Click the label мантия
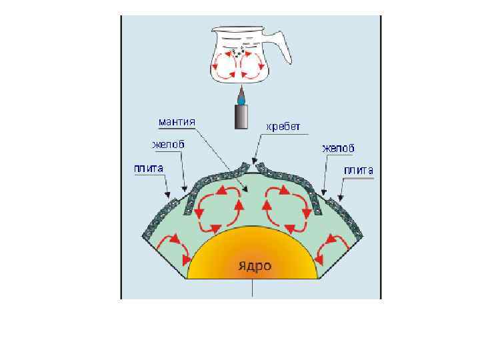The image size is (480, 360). [x=177, y=123]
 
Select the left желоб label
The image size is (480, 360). [x=168, y=145]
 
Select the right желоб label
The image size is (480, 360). [x=338, y=147]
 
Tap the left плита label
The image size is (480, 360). [x=149, y=169]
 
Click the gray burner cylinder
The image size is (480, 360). [x=241, y=117]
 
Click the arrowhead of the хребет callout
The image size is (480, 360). [x=253, y=161]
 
